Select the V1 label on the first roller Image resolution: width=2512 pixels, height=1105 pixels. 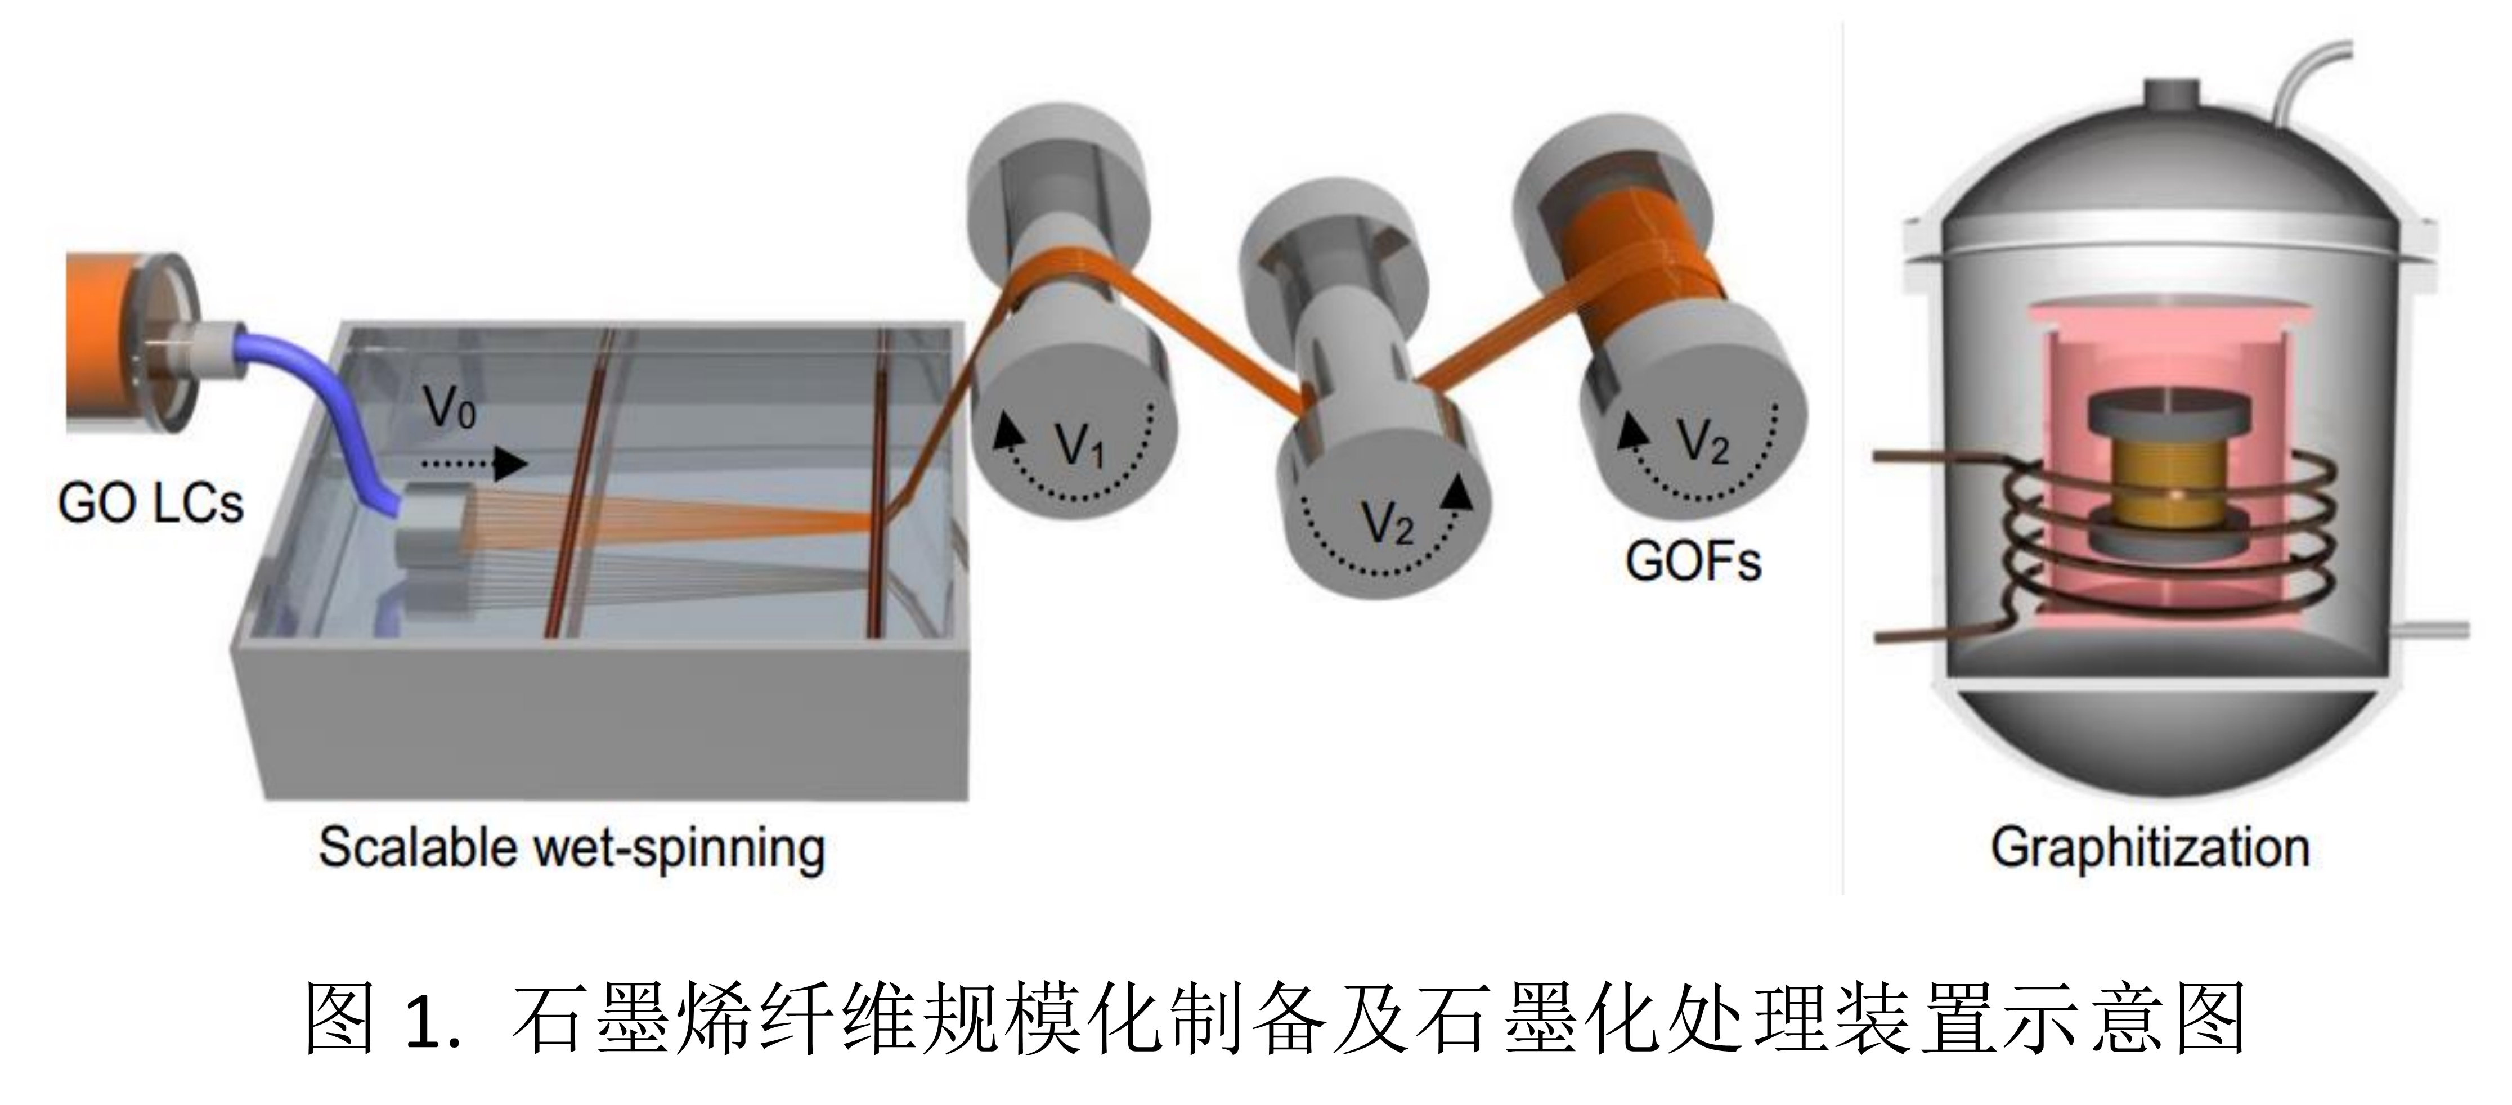pyautogui.click(x=1080, y=447)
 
